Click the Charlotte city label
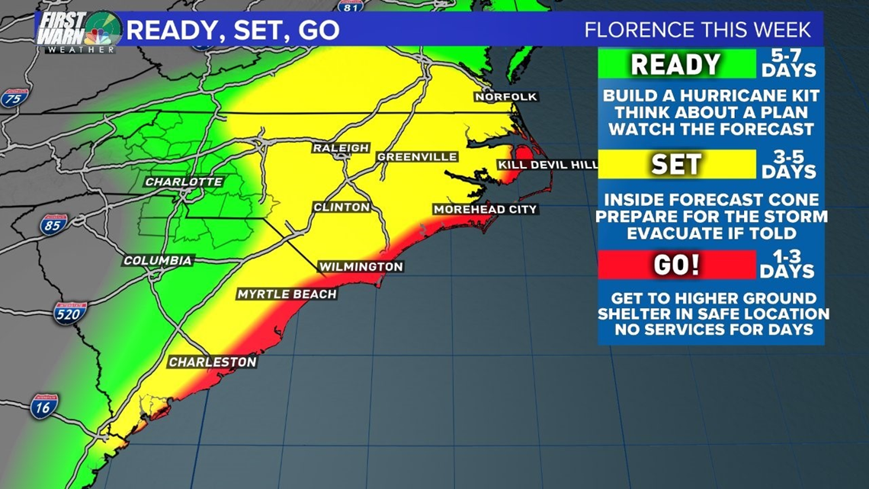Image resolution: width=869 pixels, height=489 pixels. pos(184,182)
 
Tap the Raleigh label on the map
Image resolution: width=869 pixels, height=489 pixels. pos(340,148)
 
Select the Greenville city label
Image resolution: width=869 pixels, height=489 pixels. pos(417,157)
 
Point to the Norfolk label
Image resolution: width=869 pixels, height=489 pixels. pos(506,97)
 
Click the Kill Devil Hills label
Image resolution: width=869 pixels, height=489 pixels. pos(547,165)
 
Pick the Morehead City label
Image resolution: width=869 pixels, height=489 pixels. pos(486,209)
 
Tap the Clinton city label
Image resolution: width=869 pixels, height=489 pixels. pos(342,207)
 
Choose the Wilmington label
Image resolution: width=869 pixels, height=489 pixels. pos(361,266)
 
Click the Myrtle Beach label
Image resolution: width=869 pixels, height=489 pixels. pos(287,294)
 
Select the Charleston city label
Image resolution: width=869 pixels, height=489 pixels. pos(212,362)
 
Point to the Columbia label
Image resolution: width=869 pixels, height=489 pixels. pos(158,261)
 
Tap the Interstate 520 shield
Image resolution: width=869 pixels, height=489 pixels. pos(69,312)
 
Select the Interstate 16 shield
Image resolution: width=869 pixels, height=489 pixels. pos(44,406)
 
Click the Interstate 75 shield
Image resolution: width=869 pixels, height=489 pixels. pos(11,98)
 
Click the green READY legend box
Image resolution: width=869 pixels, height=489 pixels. pos(676,64)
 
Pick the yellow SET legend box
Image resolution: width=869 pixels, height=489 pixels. pos(676,164)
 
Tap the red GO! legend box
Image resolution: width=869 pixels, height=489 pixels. pos(676,265)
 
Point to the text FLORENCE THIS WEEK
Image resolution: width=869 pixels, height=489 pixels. pos(698,31)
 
